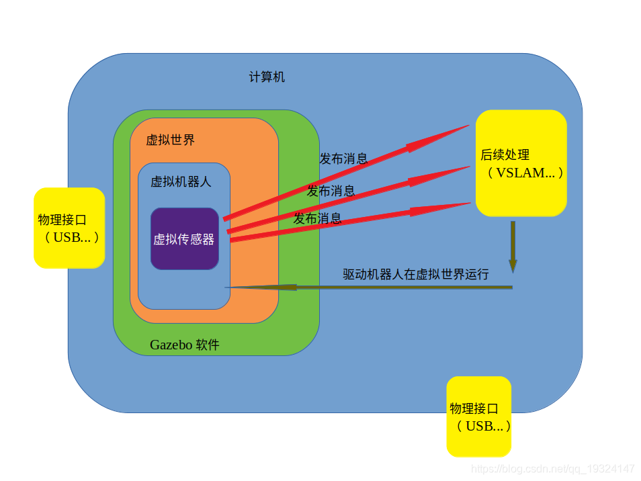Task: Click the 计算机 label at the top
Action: [x=267, y=77]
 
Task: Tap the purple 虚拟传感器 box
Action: [x=185, y=239]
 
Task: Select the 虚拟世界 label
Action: [x=171, y=140]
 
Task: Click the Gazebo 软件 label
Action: [x=184, y=345]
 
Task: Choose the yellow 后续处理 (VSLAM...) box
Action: [x=521, y=163]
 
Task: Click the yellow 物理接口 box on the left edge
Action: [x=69, y=228]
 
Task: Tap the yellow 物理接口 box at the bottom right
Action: [x=479, y=417]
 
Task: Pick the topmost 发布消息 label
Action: [x=343, y=159]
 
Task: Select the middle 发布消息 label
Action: [x=331, y=191]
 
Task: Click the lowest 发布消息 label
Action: [x=317, y=218]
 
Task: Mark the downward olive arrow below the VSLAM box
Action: [x=513, y=249]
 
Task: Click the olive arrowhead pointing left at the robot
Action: [x=249, y=287]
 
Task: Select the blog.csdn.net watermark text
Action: [x=552, y=468]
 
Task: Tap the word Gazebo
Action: [x=171, y=345]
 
